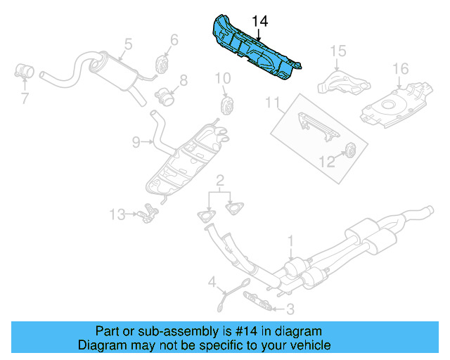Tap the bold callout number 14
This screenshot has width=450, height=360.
pyautogui.click(x=259, y=22)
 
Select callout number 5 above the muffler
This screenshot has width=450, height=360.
pyautogui.click(x=128, y=44)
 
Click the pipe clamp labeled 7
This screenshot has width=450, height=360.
pyautogui.click(x=24, y=72)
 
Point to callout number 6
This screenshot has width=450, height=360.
pyautogui.click(x=174, y=40)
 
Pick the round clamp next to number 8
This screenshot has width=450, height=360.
pyautogui.click(x=165, y=97)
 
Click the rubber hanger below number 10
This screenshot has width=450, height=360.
pyautogui.click(x=226, y=106)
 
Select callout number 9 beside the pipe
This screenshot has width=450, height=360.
pyautogui.click(x=136, y=142)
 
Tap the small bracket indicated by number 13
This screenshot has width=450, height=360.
pyautogui.click(x=148, y=213)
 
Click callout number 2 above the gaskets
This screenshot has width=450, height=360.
pyautogui.click(x=220, y=181)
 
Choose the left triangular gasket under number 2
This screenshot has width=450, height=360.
pyautogui.click(x=206, y=216)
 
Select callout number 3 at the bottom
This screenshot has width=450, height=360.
pyautogui.click(x=290, y=309)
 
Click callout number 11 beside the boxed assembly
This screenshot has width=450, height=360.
pyautogui.click(x=272, y=103)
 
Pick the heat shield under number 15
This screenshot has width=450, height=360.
pyautogui.click(x=344, y=83)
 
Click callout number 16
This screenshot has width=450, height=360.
pyautogui.click(x=400, y=69)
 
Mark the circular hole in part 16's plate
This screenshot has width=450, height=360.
pyautogui.click(x=387, y=105)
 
